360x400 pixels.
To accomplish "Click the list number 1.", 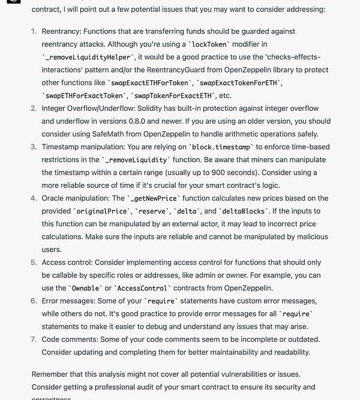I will click(34, 31).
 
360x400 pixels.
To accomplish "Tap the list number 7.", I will click(34, 339).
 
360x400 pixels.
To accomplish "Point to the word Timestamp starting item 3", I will click(61, 147).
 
